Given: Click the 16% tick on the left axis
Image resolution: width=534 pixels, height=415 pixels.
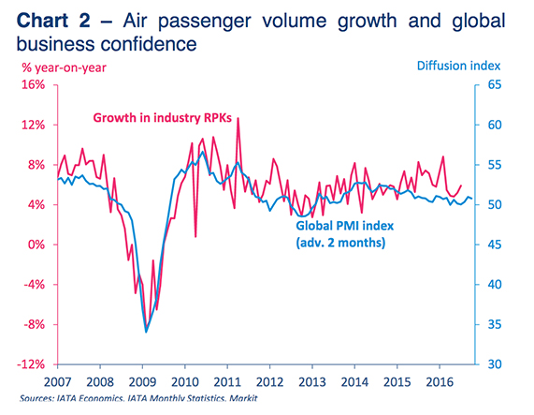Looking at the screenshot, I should point(33,85).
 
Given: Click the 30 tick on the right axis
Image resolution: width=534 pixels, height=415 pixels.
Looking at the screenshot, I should point(494,364).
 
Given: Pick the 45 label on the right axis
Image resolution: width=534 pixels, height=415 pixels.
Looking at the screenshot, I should point(494,245).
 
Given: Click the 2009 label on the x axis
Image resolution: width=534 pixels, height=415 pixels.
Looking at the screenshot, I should point(142,382).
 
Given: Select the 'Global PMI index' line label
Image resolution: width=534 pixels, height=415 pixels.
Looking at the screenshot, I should point(342,226).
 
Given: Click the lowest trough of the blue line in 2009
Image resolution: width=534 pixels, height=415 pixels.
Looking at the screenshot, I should point(146,331).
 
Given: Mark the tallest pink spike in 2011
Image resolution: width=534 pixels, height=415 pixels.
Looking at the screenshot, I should point(238,118).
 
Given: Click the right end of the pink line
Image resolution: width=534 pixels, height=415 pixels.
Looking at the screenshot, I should point(461,185).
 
